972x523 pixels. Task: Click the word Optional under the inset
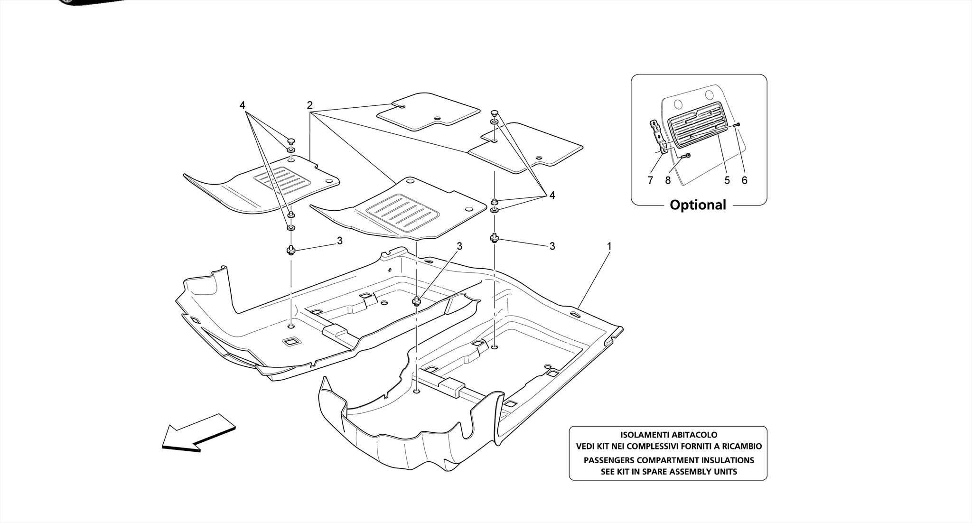698,205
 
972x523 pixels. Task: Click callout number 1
609,246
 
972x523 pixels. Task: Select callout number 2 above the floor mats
309,105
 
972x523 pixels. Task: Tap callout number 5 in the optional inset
727,180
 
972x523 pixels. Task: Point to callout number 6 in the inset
744,180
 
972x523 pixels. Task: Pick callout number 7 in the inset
650,180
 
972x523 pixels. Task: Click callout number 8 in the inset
668,180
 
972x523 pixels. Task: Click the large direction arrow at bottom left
198,431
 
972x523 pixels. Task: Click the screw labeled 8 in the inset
685,157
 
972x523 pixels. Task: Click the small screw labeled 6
737,124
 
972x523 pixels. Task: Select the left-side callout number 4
242,105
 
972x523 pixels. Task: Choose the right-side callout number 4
552,195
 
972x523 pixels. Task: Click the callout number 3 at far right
552,246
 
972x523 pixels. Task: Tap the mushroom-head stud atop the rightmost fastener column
495,113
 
